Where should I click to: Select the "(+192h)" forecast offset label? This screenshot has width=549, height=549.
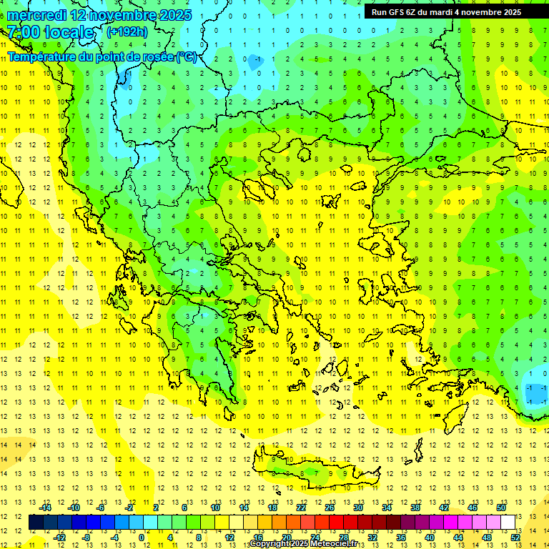[127, 31]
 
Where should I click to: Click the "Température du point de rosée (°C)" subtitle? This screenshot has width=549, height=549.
[102, 56]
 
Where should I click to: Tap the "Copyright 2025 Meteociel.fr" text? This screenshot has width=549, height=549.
[303, 544]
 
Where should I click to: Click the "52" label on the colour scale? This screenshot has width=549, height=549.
[515, 537]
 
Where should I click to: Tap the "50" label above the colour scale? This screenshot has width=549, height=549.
[501, 508]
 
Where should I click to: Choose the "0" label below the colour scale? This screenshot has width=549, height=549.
[142, 537]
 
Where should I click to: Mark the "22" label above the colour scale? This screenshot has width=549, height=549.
[301, 508]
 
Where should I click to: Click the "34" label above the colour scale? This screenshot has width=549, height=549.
[387, 508]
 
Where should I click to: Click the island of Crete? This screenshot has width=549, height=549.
[322, 473]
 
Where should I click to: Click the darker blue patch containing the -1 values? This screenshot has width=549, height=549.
[535, 391]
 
